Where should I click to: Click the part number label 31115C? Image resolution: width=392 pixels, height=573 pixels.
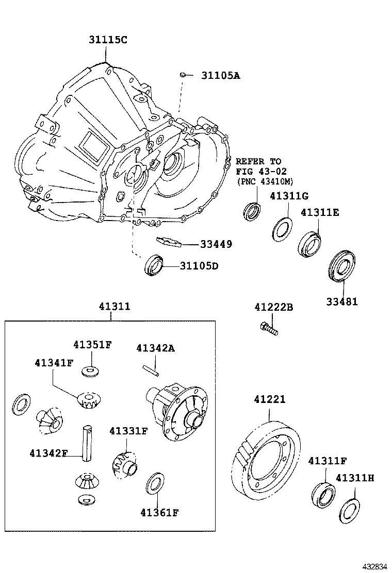coord(106,39)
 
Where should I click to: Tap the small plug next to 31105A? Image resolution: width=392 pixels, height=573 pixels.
coord(183,75)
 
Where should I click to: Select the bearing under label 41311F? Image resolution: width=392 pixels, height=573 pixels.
coord(324,493)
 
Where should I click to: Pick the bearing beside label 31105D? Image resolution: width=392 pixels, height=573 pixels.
coord(155,264)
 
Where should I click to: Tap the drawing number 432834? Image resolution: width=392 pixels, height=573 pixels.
coord(372,566)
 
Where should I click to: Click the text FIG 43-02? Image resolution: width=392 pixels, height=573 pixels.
coord(261,171)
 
